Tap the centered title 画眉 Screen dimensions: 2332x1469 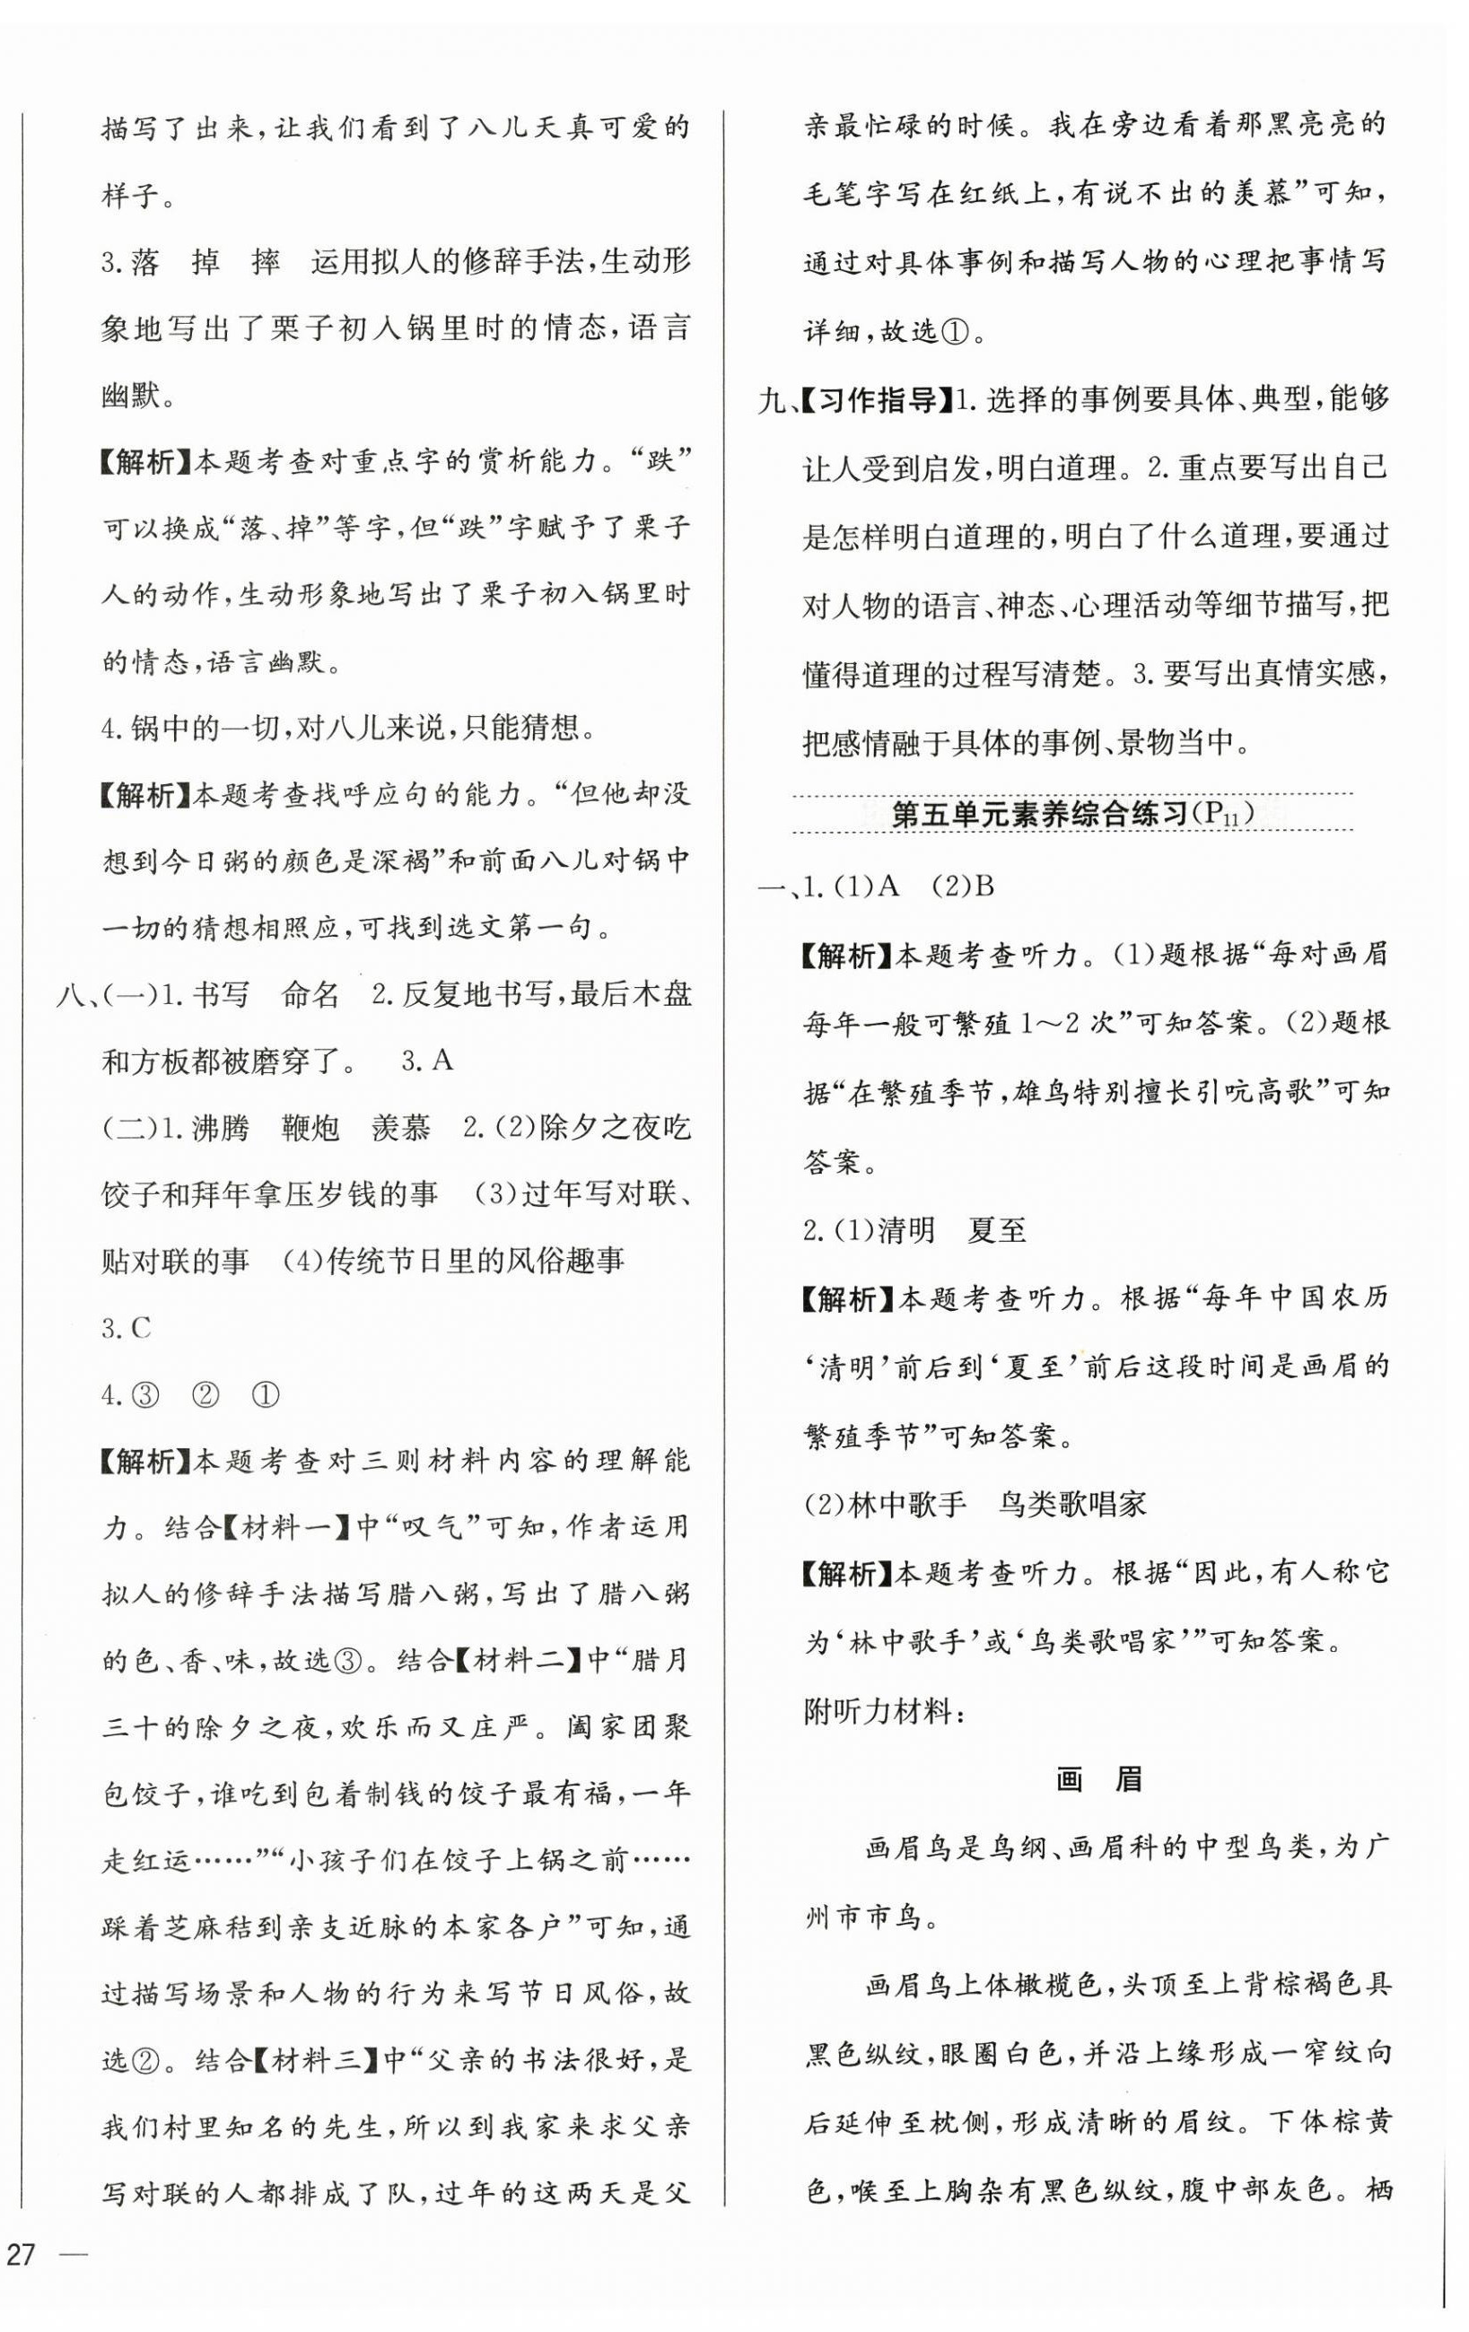tap(1098, 1779)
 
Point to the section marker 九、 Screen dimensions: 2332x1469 tap(779, 400)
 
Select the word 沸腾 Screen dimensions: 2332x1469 tap(219, 1127)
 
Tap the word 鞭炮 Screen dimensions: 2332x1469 tap(310, 1127)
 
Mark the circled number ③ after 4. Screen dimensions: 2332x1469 tap(144, 1394)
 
